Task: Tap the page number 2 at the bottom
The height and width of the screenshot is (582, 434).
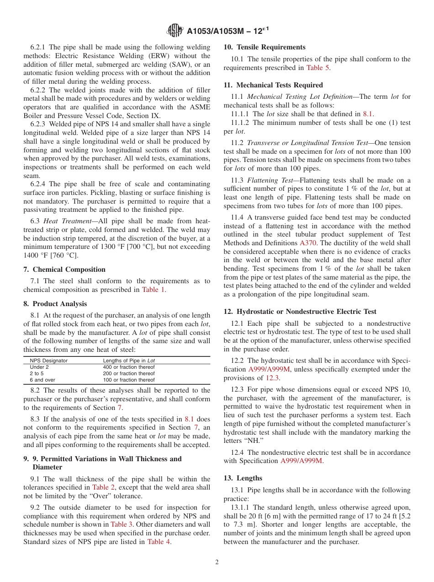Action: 217,562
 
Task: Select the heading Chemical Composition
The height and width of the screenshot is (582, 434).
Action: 69,269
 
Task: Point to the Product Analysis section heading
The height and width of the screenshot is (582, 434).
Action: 59,304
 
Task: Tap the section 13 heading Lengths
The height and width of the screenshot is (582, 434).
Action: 249,478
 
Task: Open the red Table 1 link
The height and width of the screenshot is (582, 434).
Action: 153,290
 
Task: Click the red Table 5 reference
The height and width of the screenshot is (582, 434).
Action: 318,68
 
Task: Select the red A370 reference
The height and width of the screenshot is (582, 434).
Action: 307,243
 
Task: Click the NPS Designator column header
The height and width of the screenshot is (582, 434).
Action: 48,361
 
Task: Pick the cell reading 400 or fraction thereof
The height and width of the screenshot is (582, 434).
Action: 128,367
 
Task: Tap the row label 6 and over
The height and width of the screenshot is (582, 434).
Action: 42,380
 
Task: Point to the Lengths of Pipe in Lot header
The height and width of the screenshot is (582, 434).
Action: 128,361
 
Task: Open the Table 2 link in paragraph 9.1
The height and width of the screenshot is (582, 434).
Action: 103,487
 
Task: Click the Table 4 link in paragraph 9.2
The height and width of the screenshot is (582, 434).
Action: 159,542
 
